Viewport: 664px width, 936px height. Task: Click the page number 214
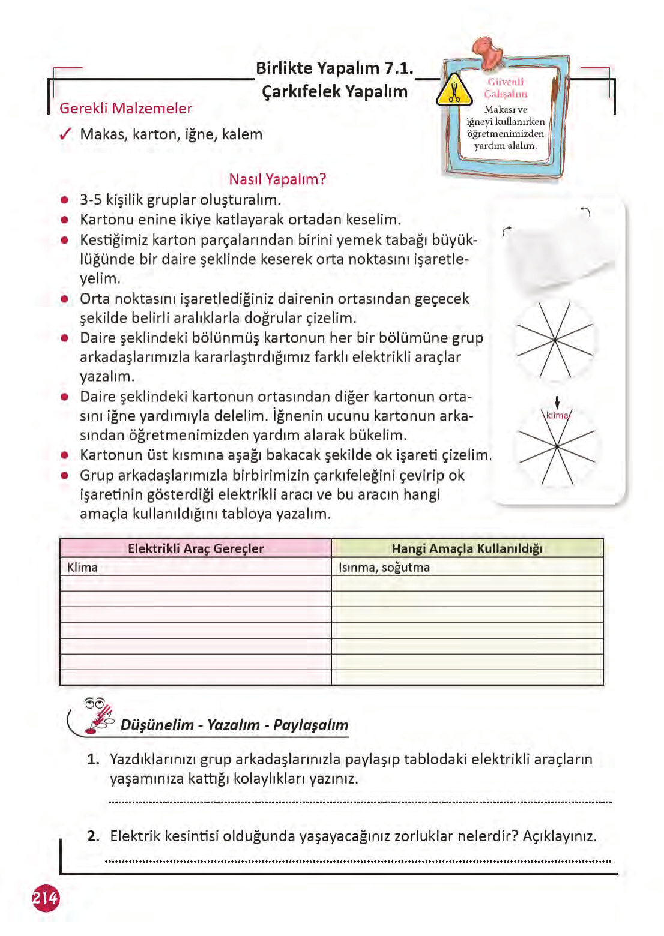coord(46,898)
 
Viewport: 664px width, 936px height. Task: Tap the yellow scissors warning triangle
coord(454,91)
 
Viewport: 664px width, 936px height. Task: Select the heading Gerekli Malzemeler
coord(125,109)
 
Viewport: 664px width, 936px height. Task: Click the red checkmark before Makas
coord(66,134)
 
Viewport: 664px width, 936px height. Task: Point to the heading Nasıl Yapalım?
coord(277,179)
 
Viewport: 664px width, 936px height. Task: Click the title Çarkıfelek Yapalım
coord(334,92)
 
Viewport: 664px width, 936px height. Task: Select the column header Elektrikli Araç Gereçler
coord(195,548)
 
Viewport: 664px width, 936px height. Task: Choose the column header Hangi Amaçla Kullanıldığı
coord(466,548)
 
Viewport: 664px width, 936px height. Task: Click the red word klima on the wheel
coord(557,415)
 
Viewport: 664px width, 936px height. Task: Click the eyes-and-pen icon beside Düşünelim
coord(98,716)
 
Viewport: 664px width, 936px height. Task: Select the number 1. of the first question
coord(93,760)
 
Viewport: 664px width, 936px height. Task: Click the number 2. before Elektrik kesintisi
coord(93,836)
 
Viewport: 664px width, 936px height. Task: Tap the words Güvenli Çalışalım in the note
coord(506,88)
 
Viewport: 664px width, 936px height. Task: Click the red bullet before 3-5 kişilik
coord(65,200)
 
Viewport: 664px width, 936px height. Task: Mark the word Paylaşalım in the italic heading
coord(310,725)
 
